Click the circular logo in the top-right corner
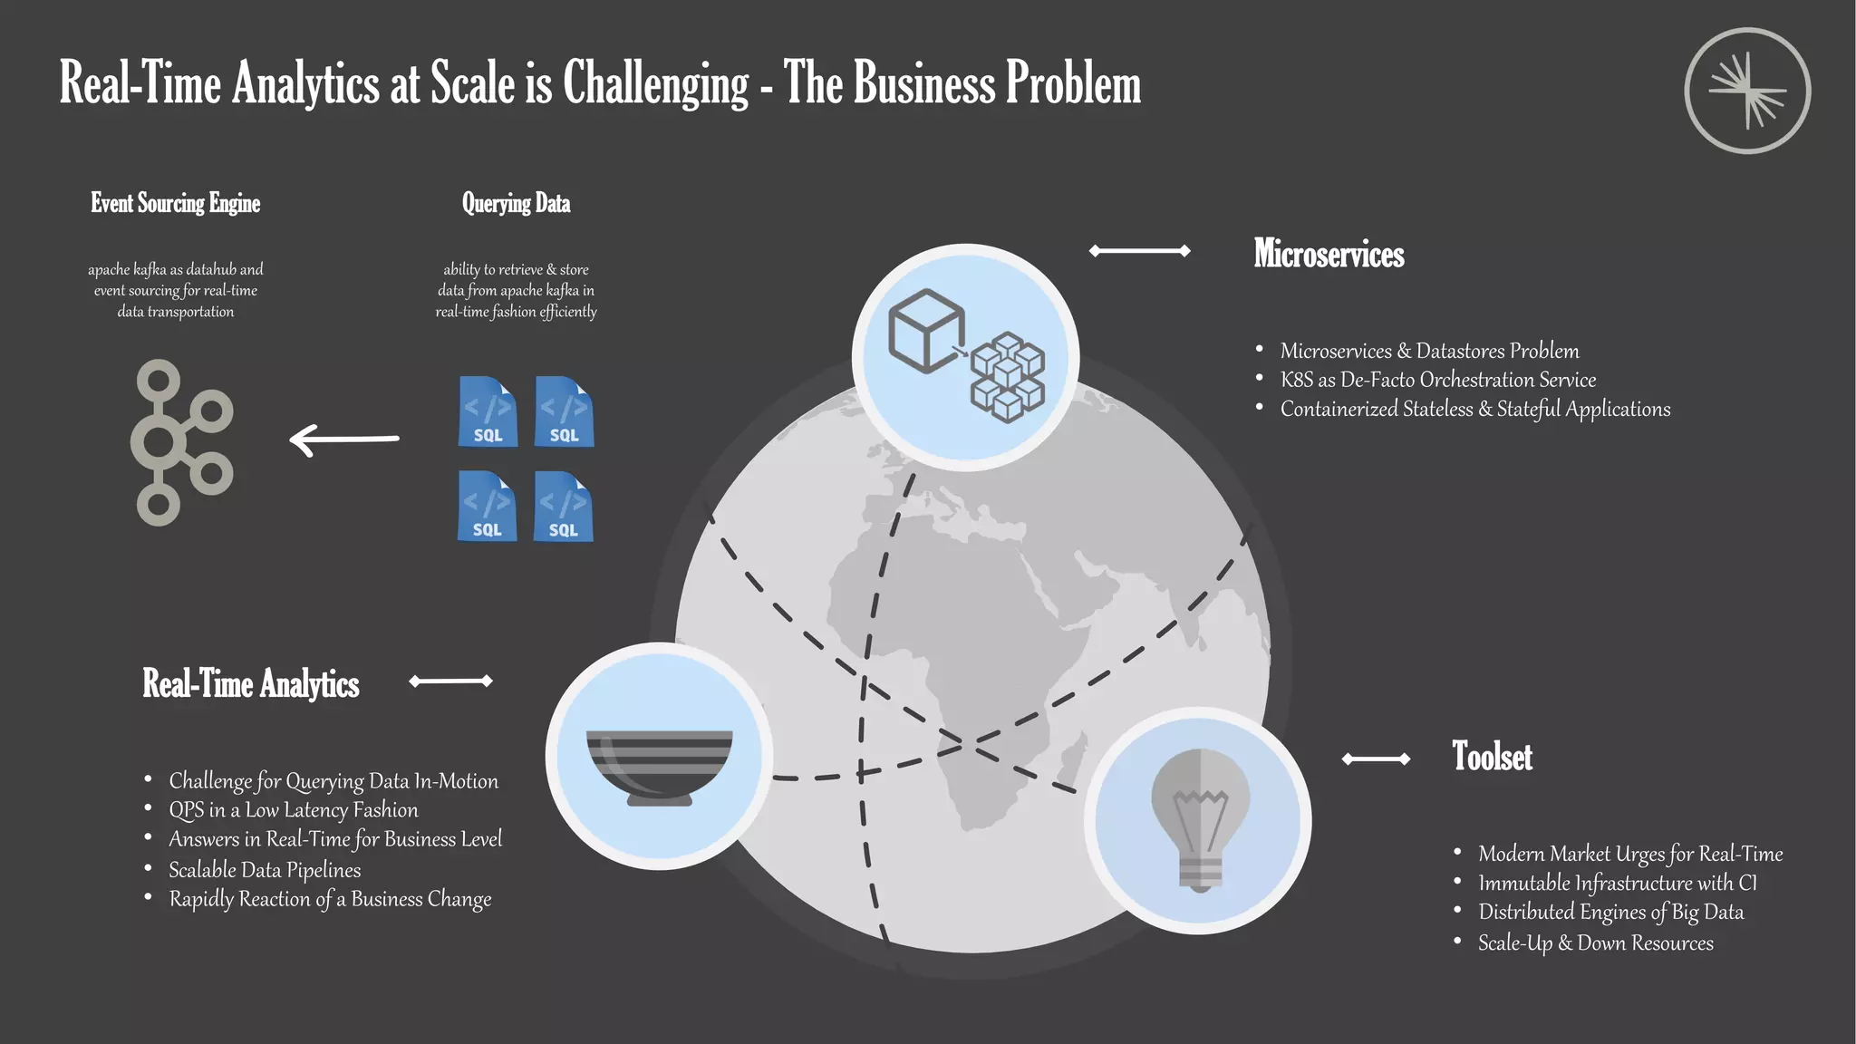click(x=1746, y=91)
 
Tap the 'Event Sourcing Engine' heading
click(x=175, y=203)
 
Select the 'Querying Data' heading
click(x=516, y=203)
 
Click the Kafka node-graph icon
click(x=181, y=442)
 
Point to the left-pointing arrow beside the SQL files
click(x=344, y=440)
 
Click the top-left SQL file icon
click(x=488, y=411)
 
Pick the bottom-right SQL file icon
click(x=564, y=506)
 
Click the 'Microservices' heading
click(x=1329, y=254)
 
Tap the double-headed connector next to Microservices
click(x=1139, y=251)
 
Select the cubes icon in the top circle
click(x=966, y=356)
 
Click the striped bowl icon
click(x=659, y=767)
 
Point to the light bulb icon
click(x=1200, y=820)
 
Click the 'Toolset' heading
click(x=1492, y=757)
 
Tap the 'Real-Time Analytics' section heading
click(x=251, y=683)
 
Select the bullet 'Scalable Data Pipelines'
click(x=265, y=870)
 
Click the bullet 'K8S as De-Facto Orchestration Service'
click(x=1437, y=380)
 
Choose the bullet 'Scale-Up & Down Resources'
click(x=1595, y=943)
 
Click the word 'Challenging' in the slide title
click(x=656, y=83)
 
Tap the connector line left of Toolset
click(x=1376, y=759)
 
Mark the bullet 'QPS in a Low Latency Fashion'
click(x=294, y=810)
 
